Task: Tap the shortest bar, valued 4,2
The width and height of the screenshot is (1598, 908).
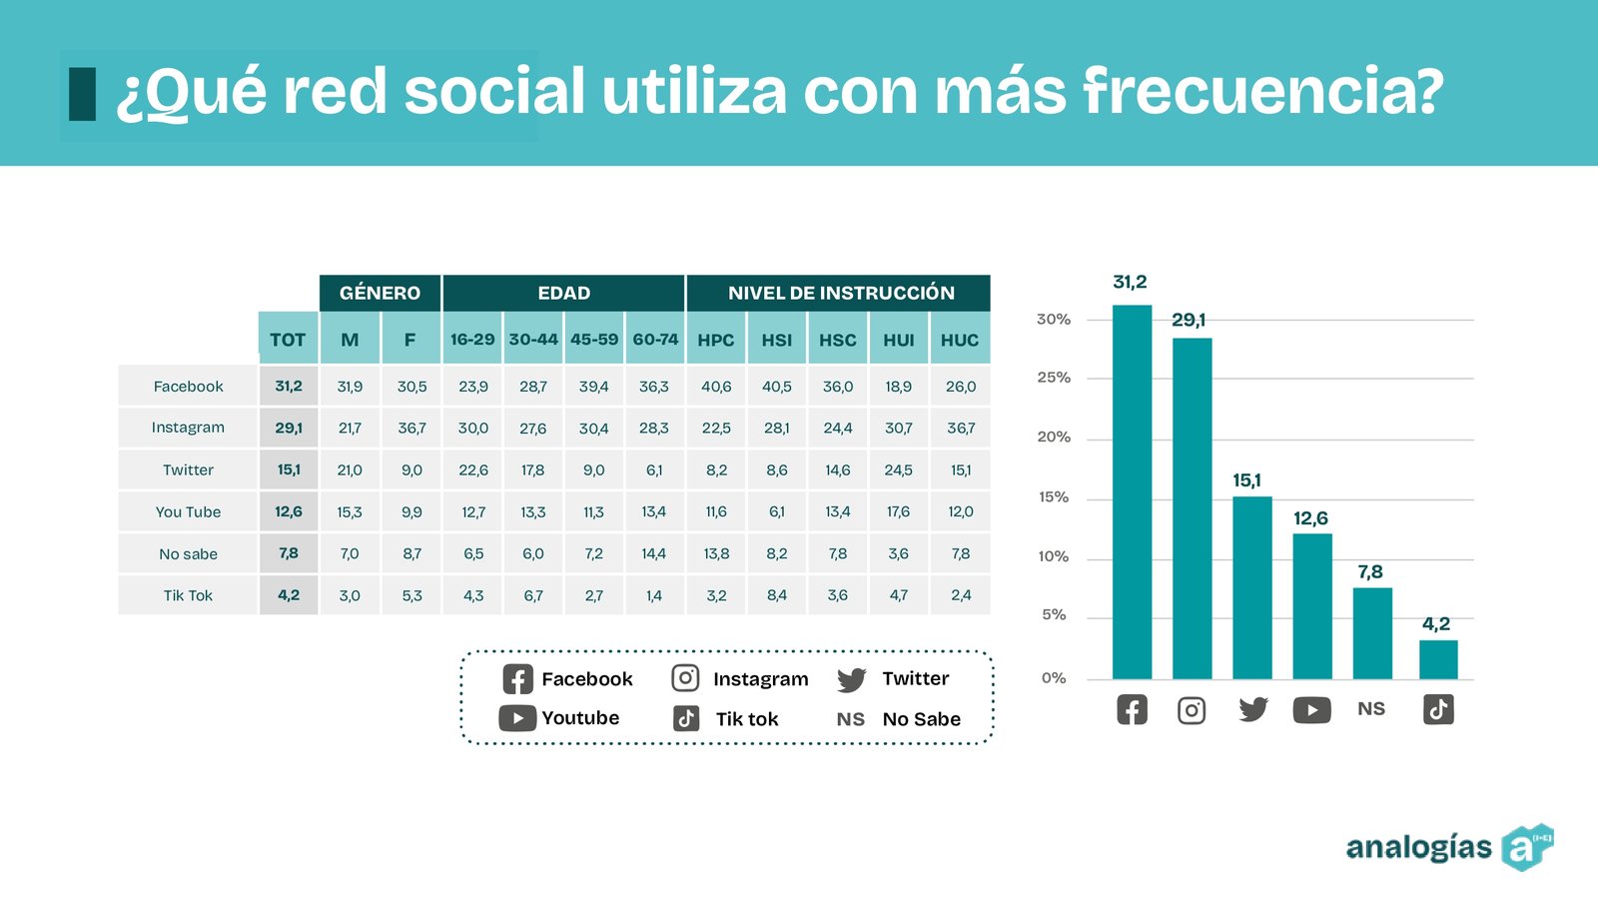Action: tap(1438, 659)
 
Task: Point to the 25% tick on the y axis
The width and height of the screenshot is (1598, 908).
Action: tap(1054, 378)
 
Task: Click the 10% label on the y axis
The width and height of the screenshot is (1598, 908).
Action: tap(1054, 556)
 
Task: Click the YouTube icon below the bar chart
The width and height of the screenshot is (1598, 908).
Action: tap(1311, 710)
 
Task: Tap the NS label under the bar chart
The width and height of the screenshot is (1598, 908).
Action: tap(1371, 709)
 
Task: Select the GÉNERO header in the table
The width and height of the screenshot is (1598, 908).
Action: tap(380, 293)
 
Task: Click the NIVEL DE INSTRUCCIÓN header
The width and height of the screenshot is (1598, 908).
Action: tap(840, 293)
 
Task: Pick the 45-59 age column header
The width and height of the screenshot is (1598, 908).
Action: tap(594, 340)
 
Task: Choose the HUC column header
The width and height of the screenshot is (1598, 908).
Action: tap(960, 340)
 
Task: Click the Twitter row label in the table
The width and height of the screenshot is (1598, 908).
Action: tap(188, 469)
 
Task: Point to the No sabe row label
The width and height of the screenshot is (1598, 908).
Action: tap(188, 553)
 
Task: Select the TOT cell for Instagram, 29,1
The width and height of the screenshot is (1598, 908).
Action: tap(289, 428)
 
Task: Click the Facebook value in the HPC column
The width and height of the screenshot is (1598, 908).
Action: tap(716, 387)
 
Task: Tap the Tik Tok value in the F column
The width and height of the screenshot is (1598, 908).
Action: tap(411, 595)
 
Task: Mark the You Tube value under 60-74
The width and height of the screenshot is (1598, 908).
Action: tap(654, 511)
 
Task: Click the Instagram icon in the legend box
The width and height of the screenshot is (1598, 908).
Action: tap(685, 678)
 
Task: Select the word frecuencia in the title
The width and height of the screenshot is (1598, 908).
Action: tap(1262, 92)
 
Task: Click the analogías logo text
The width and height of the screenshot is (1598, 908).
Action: tap(1418, 847)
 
